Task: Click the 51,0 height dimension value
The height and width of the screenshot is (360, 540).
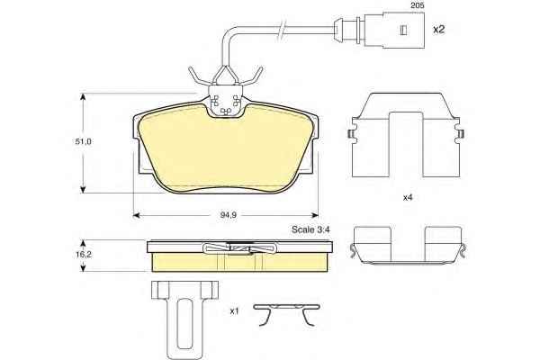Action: click(x=83, y=141)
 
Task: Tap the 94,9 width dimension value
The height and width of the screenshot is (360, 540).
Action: click(x=228, y=215)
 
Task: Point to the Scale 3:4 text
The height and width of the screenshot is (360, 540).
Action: click(x=310, y=229)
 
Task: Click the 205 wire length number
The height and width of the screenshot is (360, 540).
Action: click(x=417, y=6)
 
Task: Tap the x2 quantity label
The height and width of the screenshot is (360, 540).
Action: click(x=439, y=30)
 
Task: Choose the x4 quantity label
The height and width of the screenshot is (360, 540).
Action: click(x=408, y=198)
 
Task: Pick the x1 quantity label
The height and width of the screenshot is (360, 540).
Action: click(x=234, y=311)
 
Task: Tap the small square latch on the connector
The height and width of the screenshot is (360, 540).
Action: click(x=403, y=31)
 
